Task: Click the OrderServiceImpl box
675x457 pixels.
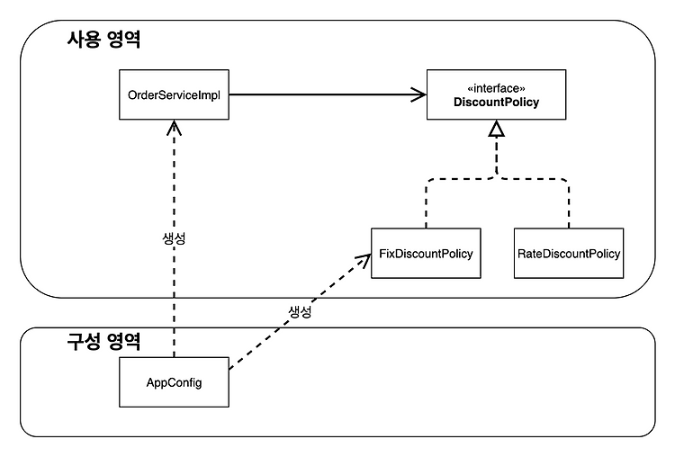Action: point(174,94)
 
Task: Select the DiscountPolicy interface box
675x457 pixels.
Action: point(496,94)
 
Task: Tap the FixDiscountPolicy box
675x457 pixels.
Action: point(426,254)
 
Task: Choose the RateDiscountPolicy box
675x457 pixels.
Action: point(569,254)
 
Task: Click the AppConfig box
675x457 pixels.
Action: point(174,382)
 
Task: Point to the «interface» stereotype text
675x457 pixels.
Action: point(496,88)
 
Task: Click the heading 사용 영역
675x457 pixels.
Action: point(103,40)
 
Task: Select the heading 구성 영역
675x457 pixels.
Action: point(103,342)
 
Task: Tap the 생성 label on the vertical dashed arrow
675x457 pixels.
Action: point(174,238)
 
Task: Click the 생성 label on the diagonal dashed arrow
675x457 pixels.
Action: point(300,311)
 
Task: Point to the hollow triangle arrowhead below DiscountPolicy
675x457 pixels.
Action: point(496,129)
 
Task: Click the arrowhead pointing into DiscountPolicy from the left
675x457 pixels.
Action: point(418,94)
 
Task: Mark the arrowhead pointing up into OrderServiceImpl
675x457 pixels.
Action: point(174,128)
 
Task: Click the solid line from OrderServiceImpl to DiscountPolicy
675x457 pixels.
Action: point(328,94)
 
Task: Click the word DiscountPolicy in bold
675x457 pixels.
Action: point(496,102)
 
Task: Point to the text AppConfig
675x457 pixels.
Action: point(174,382)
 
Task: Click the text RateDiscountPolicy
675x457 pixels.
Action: point(569,254)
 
